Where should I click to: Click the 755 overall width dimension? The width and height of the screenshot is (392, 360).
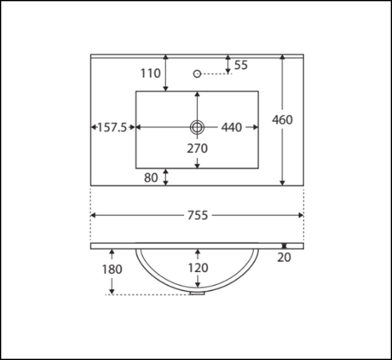click(198, 215)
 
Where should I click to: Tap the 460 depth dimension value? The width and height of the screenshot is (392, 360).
click(282, 119)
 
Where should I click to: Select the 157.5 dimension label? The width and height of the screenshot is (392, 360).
click(112, 128)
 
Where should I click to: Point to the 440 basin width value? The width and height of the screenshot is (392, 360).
click(232, 127)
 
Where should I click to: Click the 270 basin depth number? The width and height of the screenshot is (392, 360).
click(198, 148)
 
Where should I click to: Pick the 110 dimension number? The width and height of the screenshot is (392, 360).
click(151, 73)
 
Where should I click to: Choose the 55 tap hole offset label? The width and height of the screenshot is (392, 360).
click(241, 65)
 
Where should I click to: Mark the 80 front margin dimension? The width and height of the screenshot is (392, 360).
click(151, 177)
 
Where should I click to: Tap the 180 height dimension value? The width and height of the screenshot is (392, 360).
click(112, 270)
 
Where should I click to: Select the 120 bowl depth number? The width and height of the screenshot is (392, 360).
click(198, 268)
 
